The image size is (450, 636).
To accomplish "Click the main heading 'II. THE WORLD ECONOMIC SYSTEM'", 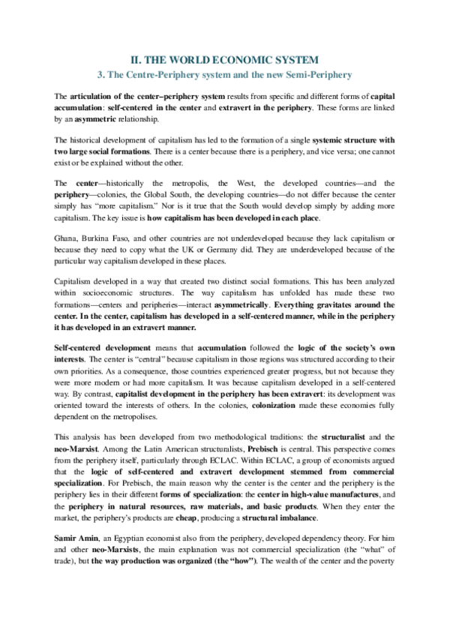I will [224, 58].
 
